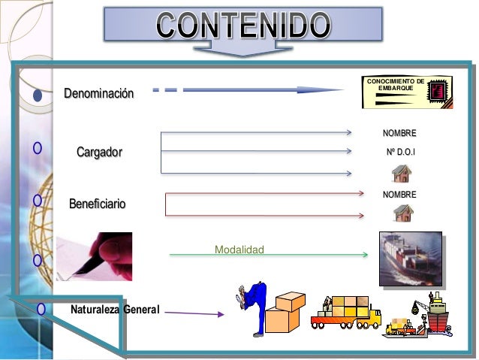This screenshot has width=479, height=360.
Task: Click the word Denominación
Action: [x=99, y=94]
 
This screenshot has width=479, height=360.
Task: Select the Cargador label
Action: [x=99, y=153]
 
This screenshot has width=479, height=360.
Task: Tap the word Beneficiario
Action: [x=98, y=204]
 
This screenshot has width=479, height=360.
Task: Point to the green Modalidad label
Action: [x=239, y=249]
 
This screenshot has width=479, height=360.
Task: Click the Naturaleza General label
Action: [x=115, y=309]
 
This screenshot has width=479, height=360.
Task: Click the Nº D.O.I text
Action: [x=400, y=153]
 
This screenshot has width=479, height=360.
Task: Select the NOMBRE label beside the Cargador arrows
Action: [x=399, y=133]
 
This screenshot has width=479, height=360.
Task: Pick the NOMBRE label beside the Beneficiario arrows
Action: [x=399, y=195]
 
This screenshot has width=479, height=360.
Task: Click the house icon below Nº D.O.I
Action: [x=402, y=174]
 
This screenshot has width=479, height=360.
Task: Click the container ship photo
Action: [x=409, y=259]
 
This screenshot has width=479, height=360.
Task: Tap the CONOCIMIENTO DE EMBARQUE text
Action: [x=395, y=85]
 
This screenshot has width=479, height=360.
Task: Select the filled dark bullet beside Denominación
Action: [x=37, y=95]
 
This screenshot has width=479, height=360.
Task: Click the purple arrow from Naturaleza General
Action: [x=194, y=313]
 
